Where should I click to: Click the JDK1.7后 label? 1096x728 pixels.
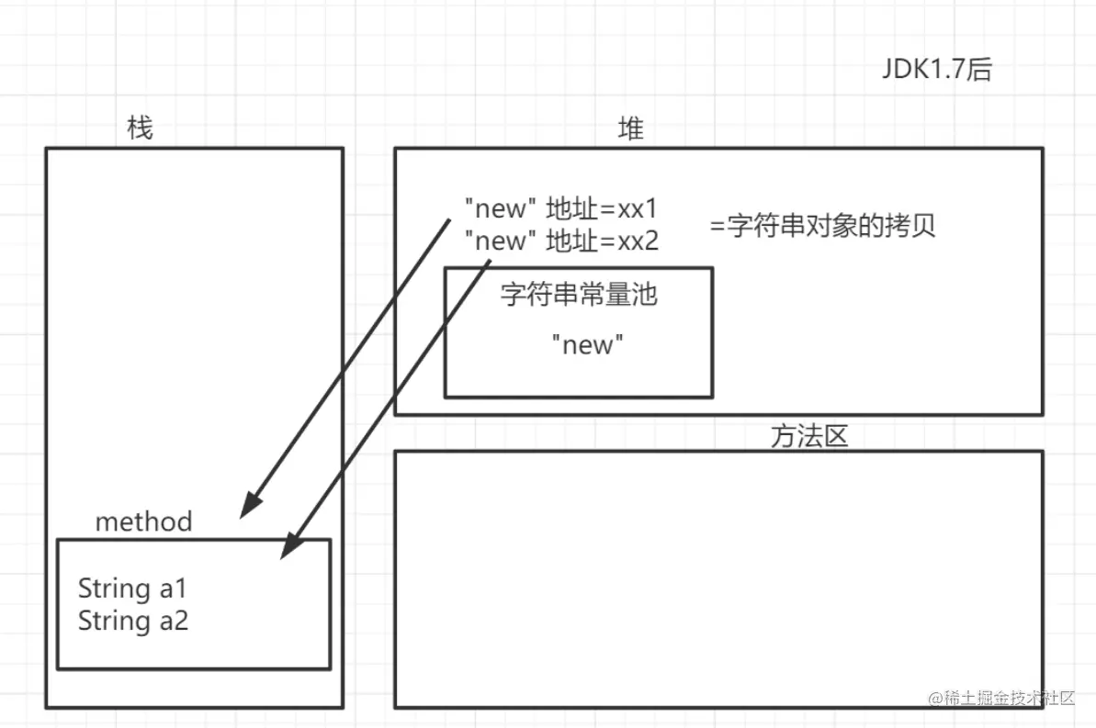937,70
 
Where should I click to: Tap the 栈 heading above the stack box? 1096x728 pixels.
140,129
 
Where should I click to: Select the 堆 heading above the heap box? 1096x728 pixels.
631,129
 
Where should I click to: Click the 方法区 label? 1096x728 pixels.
808,436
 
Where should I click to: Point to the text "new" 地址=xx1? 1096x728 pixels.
560,208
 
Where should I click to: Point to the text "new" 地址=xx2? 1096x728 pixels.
560,241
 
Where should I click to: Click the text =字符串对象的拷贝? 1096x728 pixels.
822,227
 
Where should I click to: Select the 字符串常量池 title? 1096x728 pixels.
579,295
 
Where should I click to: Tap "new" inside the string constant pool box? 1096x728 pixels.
588,345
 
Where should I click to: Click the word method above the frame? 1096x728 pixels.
144,522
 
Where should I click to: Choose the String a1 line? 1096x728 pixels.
132,588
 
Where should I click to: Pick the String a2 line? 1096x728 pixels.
133,621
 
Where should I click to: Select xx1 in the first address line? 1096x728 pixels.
638,208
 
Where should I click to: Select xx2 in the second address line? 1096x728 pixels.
638,241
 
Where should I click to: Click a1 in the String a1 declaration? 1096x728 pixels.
172,588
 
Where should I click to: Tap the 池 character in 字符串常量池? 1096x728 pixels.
646,295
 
